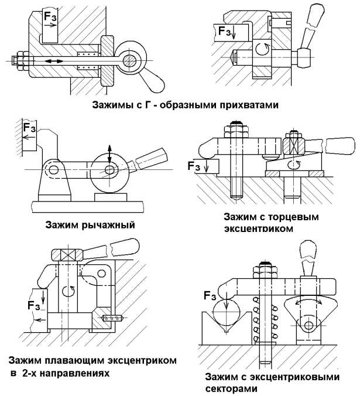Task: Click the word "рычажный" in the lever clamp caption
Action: pyautogui.click(x=107, y=224)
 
